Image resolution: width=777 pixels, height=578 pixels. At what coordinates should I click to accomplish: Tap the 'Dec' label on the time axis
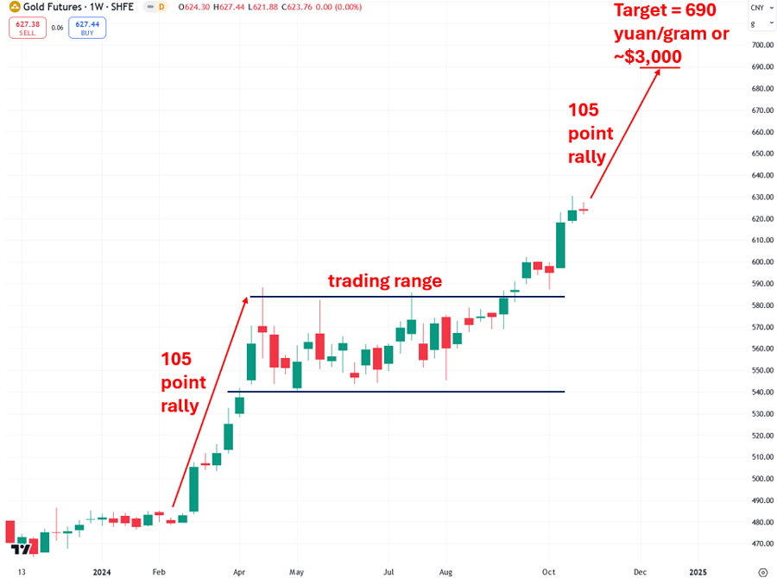640,571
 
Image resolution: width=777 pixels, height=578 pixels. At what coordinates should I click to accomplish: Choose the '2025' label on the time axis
698,571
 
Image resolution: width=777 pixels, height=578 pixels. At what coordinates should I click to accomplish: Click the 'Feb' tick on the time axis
159,571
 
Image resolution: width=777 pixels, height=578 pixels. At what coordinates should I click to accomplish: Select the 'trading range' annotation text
384,281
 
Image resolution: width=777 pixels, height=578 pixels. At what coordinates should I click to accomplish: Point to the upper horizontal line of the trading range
406,297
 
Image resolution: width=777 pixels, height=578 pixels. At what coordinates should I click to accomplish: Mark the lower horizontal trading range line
397,392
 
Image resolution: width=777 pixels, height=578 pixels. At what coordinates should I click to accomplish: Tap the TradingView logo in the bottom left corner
22,549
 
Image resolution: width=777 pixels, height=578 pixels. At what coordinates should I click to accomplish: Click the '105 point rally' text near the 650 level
591,134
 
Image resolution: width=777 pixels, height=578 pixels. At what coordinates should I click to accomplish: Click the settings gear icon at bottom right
761,571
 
